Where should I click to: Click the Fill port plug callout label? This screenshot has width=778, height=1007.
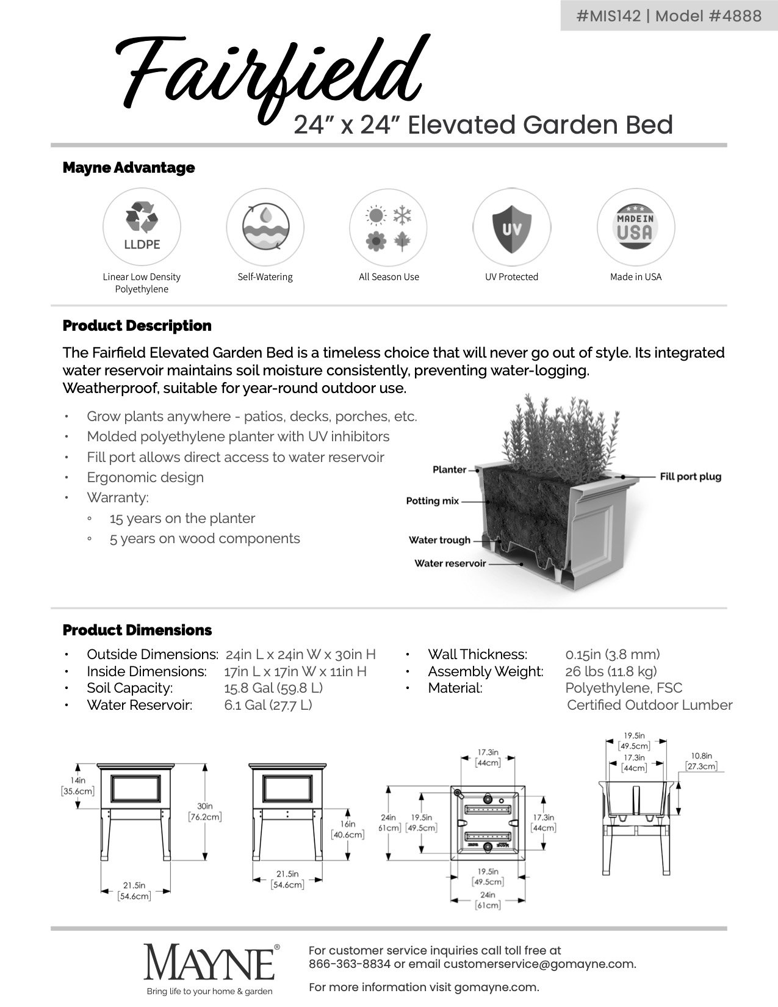click(690, 476)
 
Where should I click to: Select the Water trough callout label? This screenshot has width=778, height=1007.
click(439, 540)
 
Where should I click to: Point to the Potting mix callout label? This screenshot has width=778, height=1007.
click(432, 501)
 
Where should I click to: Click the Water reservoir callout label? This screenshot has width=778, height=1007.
click(450, 563)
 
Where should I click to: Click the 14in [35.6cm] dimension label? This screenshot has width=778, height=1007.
click(77, 786)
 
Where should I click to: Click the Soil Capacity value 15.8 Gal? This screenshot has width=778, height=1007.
click(273, 688)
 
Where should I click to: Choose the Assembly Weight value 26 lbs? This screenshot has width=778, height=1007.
click(611, 671)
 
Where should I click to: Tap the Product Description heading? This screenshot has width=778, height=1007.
click(137, 326)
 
